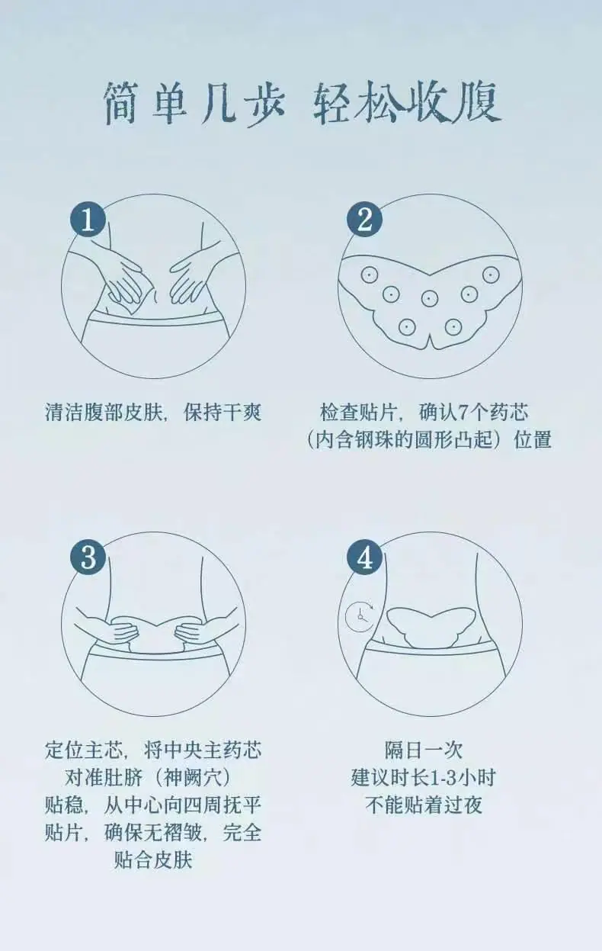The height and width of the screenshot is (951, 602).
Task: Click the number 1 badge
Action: click(x=88, y=219)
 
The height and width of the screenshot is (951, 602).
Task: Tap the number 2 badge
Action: click(x=364, y=219)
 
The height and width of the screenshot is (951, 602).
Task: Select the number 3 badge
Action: click(x=88, y=557)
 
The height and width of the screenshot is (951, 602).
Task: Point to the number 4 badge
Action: click(x=364, y=557)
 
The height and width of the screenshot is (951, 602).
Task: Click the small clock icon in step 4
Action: click(x=360, y=616)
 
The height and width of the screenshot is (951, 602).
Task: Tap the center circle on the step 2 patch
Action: click(x=429, y=298)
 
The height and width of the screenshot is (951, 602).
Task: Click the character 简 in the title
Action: click(x=122, y=104)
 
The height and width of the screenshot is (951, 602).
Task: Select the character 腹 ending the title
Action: click(x=479, y=104)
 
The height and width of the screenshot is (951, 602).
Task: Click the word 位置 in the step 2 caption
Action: click(x=533, y=439)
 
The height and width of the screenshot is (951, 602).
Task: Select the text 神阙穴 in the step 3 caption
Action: click(x=194, y=778)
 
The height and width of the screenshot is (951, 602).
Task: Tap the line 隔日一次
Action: click(x=424, y=750)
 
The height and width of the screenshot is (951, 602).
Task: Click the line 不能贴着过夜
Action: click(x=424, y=805)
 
